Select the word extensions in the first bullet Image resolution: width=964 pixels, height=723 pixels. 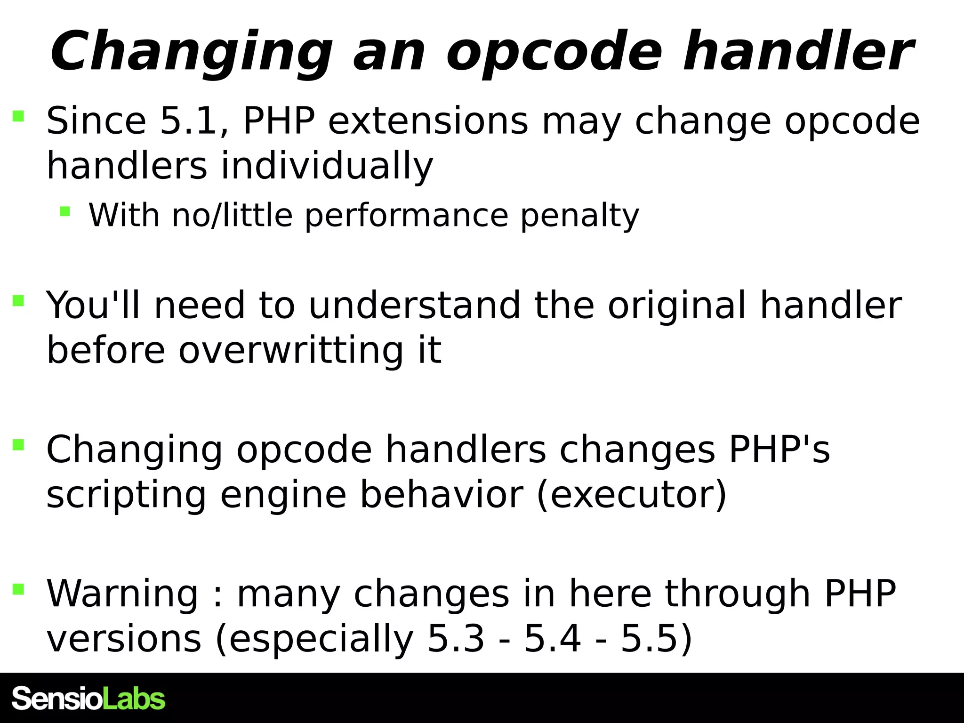tap(428, 121)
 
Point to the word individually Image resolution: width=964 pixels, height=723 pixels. tap(327, 166)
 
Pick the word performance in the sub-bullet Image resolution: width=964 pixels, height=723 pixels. tap(407, 215)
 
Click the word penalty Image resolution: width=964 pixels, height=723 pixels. tap(580, 215)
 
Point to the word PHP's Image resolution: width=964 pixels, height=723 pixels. tap(779, 449)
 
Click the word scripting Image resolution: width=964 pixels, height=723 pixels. tap(126, 495)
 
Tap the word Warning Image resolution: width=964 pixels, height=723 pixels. tap(122, 594)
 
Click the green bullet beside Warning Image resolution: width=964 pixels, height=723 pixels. tap(18, 589)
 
